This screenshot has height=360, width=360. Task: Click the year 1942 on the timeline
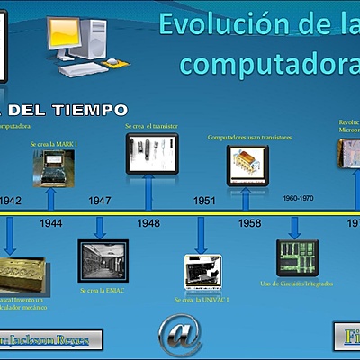10,201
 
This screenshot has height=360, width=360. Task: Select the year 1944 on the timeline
51,221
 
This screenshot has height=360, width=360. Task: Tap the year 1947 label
100,201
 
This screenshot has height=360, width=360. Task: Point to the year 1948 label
148,222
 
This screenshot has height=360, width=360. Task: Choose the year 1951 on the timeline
204,201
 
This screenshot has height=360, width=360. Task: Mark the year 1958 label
250,222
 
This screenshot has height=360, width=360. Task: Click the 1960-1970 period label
298,197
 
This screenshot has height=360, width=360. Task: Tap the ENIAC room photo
103,260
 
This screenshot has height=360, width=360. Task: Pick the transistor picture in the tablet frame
151,154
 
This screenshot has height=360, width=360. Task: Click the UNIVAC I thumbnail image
202,270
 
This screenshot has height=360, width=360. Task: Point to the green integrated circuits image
296,256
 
